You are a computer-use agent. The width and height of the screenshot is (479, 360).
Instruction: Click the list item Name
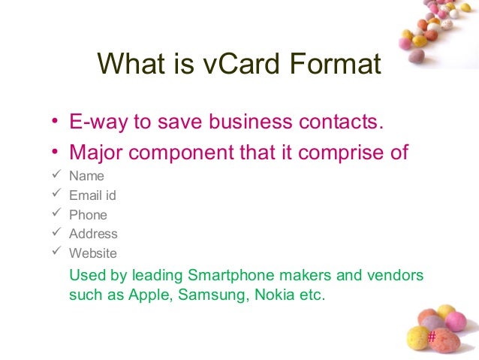86,177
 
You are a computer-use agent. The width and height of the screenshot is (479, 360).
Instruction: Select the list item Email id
92,195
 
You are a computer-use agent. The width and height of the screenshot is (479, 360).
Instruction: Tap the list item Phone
88,215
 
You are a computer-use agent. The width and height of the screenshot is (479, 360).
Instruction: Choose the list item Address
93,234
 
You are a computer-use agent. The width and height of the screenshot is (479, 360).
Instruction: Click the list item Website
93,253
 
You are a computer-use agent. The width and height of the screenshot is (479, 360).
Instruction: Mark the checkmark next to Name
53,177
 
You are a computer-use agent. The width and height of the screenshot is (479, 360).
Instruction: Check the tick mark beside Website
53,253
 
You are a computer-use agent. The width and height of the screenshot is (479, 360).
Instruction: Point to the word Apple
153,295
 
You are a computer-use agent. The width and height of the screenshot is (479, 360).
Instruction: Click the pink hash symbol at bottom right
431,336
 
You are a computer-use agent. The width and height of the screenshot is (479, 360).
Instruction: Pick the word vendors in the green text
397,274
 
